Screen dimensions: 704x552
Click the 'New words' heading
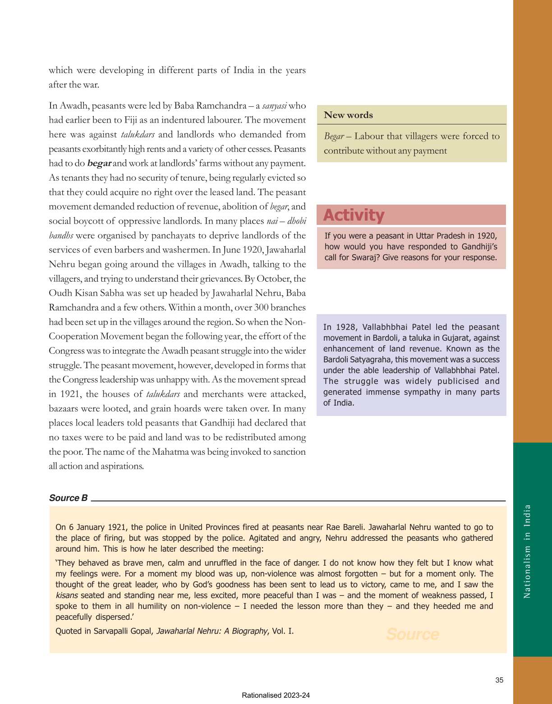click(348, 115)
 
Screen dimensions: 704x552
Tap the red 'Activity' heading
click(354, 215)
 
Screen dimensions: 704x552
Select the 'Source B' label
click(68, 498)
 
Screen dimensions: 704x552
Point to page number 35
click(499, 680)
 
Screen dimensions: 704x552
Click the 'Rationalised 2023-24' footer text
click(276, 695)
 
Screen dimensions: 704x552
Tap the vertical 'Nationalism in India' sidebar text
click(527, 551)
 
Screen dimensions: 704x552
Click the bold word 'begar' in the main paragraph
click(99, 163)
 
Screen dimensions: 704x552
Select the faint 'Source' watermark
click(412, 634)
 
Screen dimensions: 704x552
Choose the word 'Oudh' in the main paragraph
click(60, 293)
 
